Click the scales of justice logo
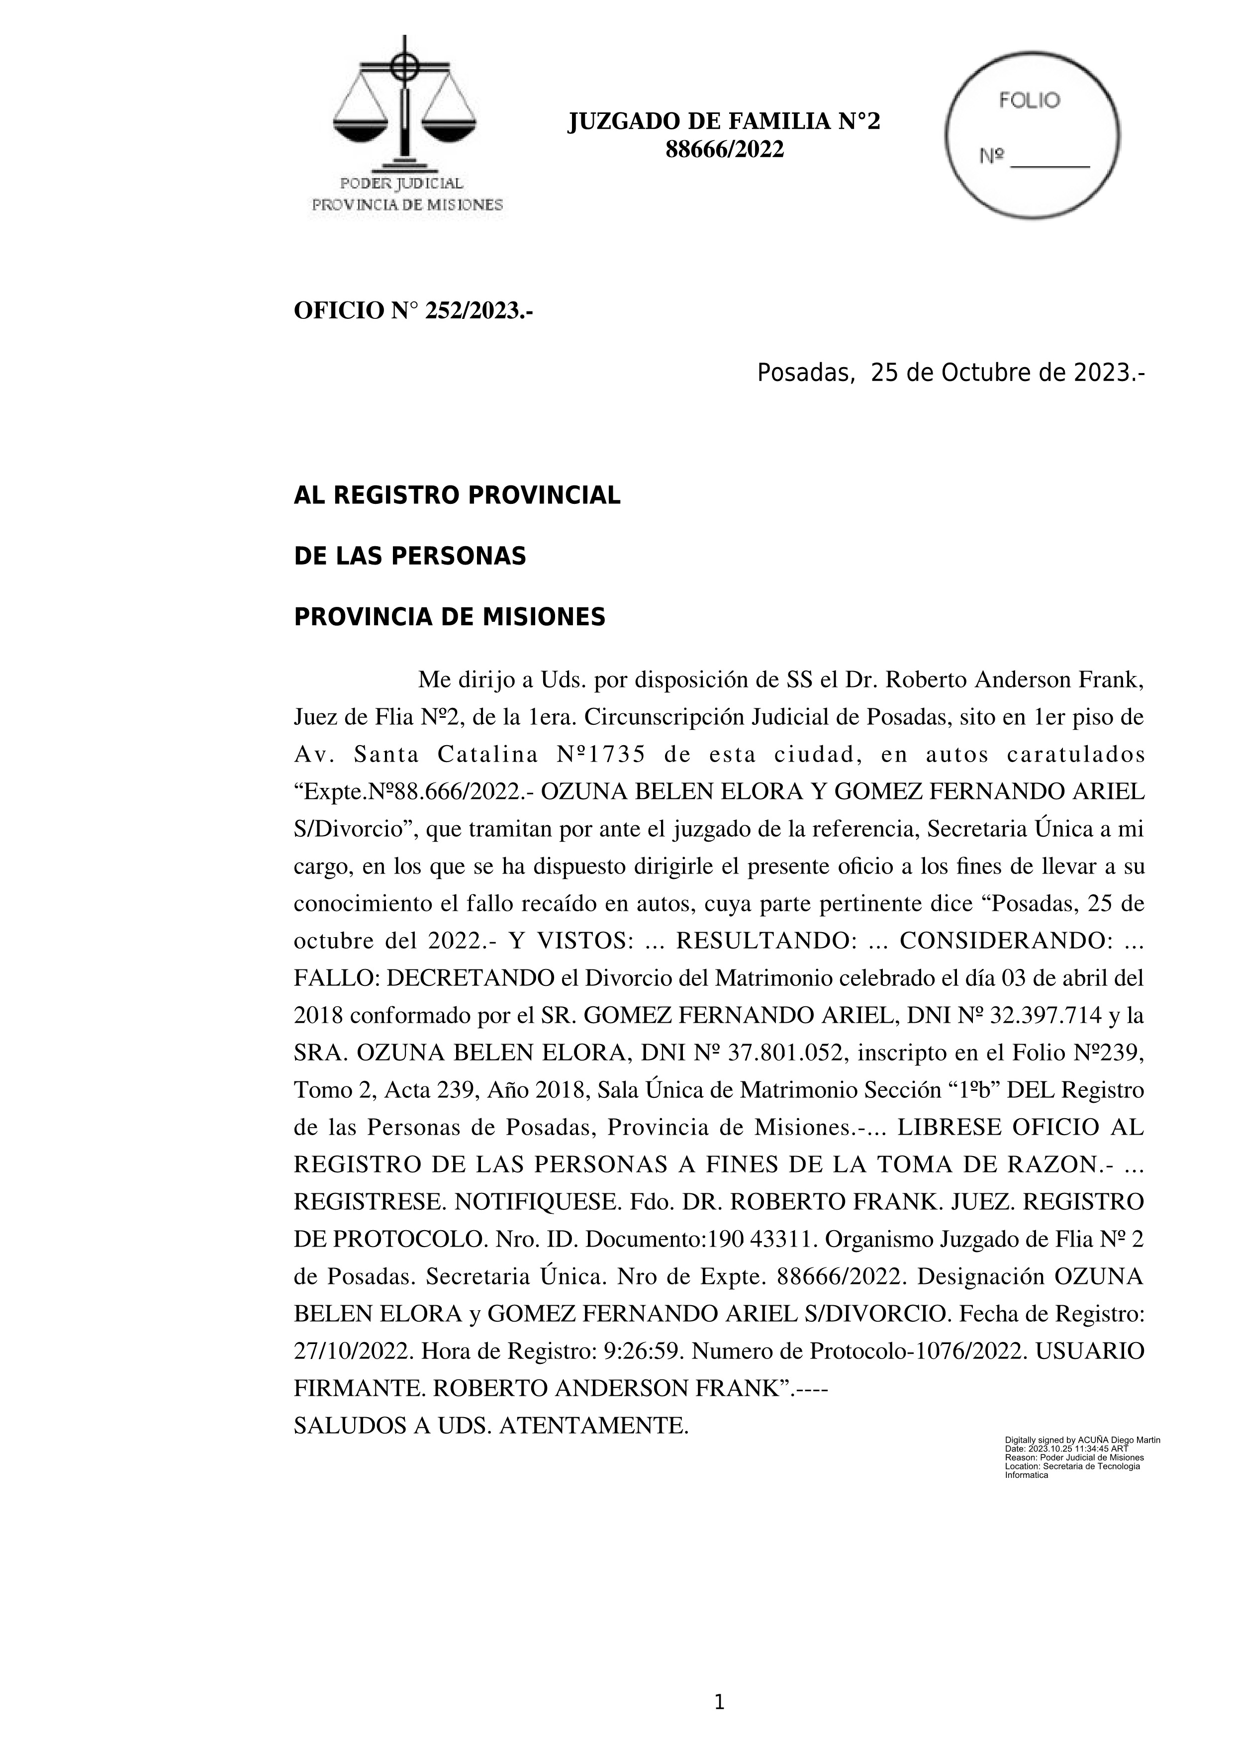coord(405,106)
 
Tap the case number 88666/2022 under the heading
coord(724,151)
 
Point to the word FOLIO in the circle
coord(1030,101)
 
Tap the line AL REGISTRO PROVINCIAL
coord(457,495)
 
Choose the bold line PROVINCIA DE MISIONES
coord(449,617)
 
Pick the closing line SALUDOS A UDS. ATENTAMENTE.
coord(491,1425)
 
